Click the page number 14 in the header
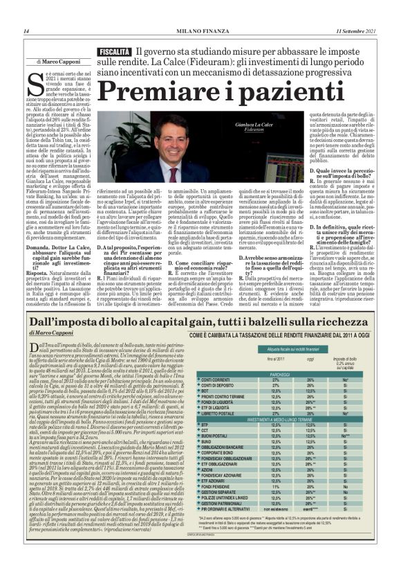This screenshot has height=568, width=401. pos(26,31)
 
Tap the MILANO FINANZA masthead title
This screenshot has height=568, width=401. pos(200,31)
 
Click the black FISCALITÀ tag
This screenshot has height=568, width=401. pos(114,53)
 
